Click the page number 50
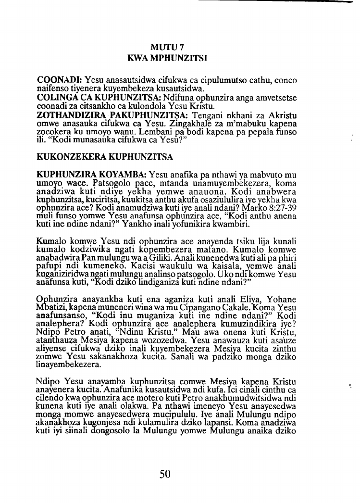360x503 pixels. pos(165,475)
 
